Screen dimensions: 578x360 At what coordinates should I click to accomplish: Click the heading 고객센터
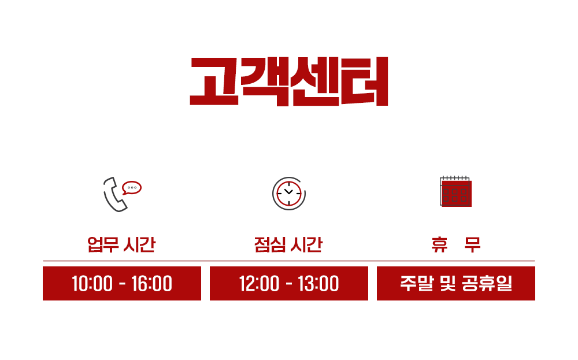coord(288,81)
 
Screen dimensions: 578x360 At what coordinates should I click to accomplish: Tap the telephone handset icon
coord(113,195)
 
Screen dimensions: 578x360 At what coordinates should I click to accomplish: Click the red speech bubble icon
coord(132,188)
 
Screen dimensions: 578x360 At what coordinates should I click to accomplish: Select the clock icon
coord(289,194)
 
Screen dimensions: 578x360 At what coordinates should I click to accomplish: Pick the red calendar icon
coord(455,192)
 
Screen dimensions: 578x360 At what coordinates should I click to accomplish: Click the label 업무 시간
coord(121,244)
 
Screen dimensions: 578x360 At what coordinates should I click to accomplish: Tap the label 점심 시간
coord(288,244)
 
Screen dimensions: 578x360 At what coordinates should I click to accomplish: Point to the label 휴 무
coord(455,244)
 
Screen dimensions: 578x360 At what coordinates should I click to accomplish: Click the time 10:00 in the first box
coord(92,284)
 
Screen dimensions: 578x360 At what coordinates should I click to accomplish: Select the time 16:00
coord(151,284)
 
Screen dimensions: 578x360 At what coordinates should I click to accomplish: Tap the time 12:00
coord(259,284)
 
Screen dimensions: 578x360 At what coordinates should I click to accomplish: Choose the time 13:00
coord(318,284)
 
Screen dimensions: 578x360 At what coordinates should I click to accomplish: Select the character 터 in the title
coord(365,81)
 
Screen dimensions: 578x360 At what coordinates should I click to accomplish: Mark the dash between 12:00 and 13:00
coord(289,284)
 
